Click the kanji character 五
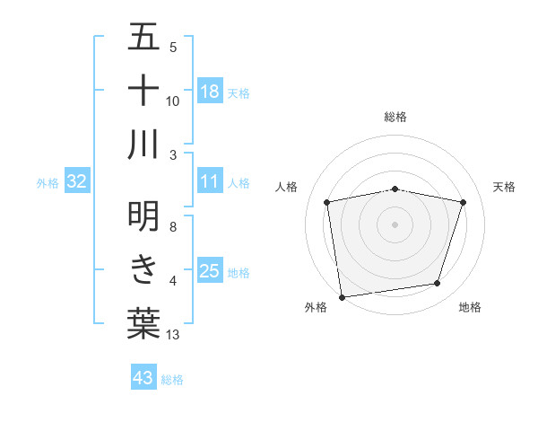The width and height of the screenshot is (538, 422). point(143,39)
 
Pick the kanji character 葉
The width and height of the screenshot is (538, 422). point(143,323)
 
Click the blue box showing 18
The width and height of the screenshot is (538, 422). point(210,91)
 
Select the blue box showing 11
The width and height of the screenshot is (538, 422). point(210,181)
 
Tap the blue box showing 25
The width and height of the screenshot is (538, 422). point(210,271)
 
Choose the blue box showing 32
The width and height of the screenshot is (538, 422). point(77,181)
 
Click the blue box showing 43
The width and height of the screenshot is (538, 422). point(143,378)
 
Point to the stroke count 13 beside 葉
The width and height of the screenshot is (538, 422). point(173,335)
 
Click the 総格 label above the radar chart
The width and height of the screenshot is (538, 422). point(395,118)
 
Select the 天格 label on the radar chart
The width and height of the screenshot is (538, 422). point(505,187)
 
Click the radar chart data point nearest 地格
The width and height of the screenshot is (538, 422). point(438,284)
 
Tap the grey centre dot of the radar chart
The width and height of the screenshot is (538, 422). point(395,224)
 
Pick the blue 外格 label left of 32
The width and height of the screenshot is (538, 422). point(48,182)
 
